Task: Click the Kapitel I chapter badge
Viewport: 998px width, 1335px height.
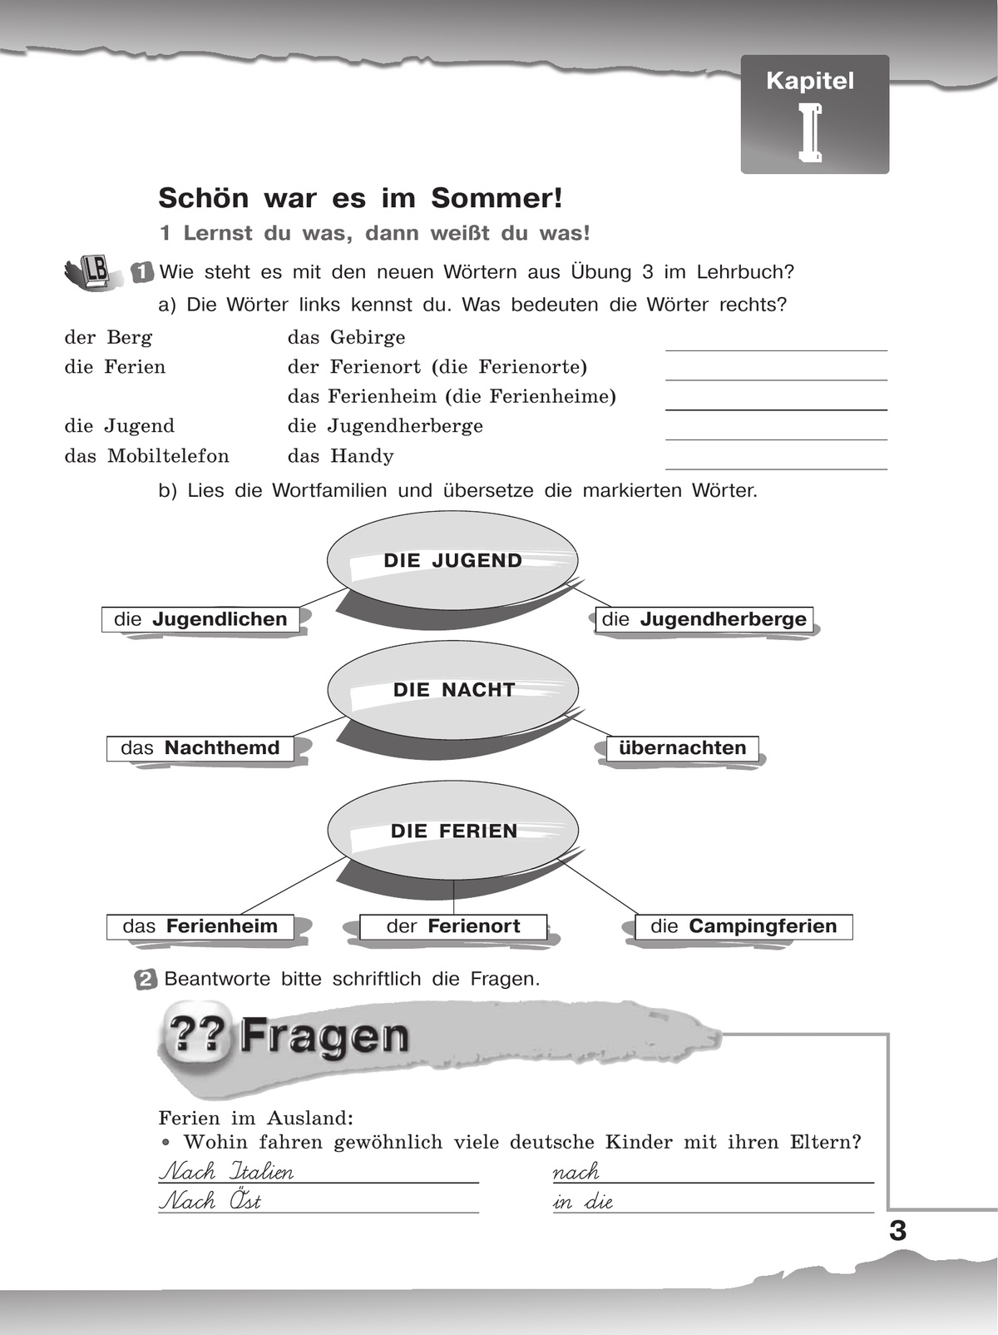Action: (814, 114)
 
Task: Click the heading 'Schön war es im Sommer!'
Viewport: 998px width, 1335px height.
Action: (360, 198)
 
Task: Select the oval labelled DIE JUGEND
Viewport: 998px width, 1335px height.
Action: (452, 560)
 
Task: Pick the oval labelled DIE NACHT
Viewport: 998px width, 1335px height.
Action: (452, 689)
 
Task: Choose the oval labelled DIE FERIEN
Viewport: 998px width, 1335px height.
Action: (452, 830)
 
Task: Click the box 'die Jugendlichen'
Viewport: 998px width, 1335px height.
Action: (200, 619)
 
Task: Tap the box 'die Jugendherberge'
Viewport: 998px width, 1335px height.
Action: (704, 619)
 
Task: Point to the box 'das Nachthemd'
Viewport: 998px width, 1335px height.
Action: (200, 747)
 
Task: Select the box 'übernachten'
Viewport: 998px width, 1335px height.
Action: (682, 747)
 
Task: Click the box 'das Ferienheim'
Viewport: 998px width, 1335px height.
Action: (200, 926)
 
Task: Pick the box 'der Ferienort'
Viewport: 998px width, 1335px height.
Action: (453, 926)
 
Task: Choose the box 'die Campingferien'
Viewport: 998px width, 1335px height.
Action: (744, 926)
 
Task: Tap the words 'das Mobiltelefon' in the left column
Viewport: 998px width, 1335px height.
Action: (146, 456)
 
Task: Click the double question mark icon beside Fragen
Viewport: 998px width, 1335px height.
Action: (196, 1035)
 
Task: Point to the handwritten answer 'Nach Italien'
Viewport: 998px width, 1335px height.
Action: (226, 1172)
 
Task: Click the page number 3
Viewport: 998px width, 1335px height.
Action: (897, 1230)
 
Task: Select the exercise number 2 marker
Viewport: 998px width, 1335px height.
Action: (145, 980)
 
